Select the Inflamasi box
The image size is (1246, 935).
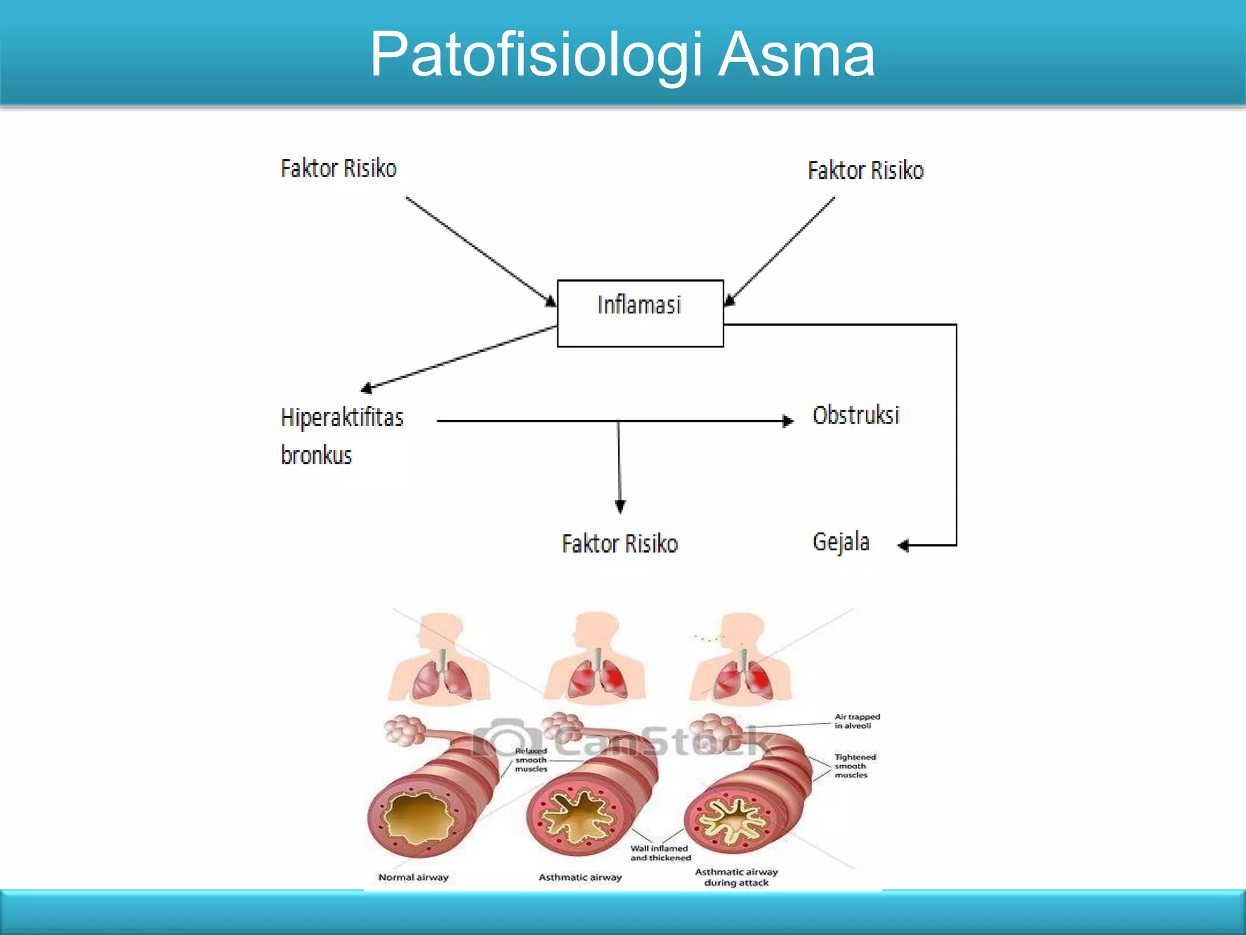640,313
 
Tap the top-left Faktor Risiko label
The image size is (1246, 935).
338,169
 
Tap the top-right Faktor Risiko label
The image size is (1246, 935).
865,170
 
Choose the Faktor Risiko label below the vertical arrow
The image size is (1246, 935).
619,544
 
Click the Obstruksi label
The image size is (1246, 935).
855,415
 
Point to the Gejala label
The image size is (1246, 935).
840,542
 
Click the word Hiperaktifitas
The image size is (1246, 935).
342,418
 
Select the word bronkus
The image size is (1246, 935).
316,455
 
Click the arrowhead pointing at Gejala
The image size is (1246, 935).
903,545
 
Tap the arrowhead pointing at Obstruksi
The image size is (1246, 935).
788,421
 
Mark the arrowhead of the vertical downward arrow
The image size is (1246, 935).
620,506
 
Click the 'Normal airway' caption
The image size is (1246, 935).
413,877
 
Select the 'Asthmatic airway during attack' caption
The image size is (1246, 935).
736,877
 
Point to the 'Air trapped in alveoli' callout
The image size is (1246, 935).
857,721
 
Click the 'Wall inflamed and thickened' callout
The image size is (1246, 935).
660,853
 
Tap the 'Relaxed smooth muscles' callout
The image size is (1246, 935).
531,760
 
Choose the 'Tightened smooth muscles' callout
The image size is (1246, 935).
855,766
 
